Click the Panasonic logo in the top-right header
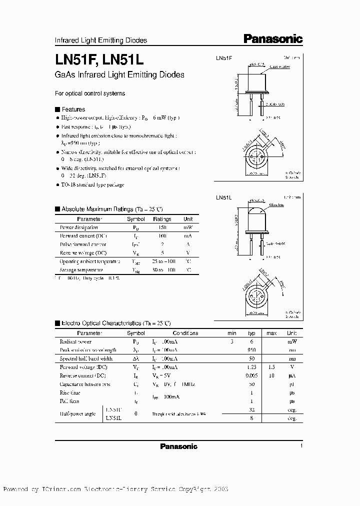[273, 39]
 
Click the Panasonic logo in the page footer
[178, 446]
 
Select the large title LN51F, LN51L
[99, 59]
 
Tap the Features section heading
[73, 109]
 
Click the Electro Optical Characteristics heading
[115, 323]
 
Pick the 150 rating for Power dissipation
[162, 227]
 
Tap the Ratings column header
[162, 219]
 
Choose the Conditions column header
[185, 333]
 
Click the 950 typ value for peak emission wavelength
[252, 350]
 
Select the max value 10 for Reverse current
[271, 375]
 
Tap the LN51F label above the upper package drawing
[223, 58]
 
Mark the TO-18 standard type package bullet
[92, 185]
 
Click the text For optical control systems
[89, 93]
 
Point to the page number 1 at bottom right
[301, 446]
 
